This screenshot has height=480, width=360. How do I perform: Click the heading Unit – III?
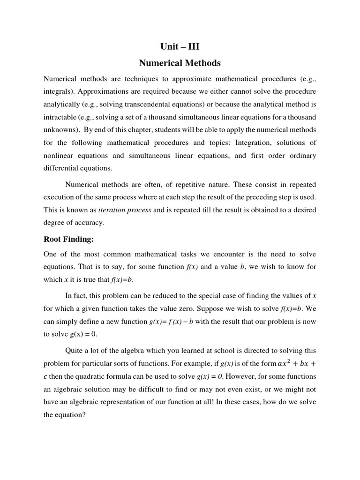coord(180,46)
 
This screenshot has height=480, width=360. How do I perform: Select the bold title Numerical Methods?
coord(180,63)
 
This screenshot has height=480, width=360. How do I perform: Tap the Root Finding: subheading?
coord(69,240)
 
